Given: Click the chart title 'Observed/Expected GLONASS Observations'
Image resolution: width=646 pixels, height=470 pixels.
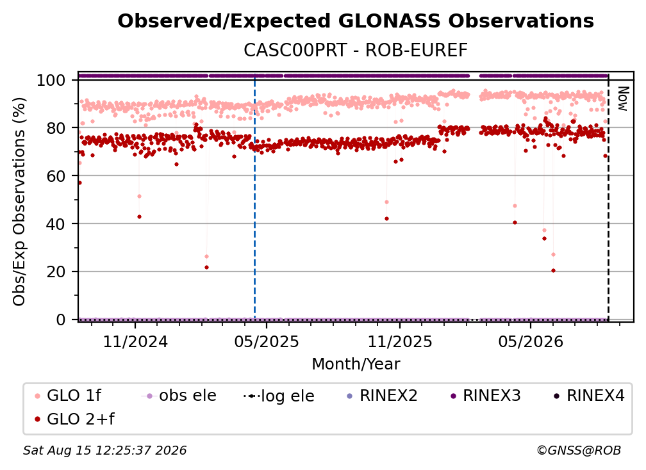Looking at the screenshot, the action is coord(356,21).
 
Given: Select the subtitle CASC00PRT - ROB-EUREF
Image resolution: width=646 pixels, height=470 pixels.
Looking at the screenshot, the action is coord(356,51).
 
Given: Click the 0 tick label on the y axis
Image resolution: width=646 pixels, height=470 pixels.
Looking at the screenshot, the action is coord(61,320).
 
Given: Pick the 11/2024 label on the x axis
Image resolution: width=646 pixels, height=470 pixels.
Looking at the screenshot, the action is coord(135,341).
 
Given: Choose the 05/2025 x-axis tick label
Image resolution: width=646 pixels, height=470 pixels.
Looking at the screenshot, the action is coord(267,341).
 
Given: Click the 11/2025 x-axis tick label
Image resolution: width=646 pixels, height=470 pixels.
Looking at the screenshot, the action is coord(400,341).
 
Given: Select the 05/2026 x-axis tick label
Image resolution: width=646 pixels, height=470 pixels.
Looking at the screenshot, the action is coord(531,341).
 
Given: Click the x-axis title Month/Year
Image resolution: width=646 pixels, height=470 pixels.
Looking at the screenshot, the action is coord(356,364).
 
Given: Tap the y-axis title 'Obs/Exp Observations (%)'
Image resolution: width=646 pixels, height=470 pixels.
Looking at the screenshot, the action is coord(19,201).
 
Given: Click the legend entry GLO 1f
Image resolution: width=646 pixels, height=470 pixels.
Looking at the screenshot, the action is coord(69,396).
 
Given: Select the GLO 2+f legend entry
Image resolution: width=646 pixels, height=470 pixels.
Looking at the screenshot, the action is coord(74,419).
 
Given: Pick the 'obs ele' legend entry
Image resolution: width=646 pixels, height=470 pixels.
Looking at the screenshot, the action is coord(179,396).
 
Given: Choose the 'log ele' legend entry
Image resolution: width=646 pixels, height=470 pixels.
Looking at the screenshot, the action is coord(279,396).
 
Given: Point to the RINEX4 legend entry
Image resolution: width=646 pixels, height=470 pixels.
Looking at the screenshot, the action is coord(590,396).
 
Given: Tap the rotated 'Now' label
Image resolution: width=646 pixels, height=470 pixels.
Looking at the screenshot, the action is coord(622,99).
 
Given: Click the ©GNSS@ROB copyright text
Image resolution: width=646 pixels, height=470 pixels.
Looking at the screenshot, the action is coord(579,450).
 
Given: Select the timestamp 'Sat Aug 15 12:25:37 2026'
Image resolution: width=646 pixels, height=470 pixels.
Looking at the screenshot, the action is coord(104,450).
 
